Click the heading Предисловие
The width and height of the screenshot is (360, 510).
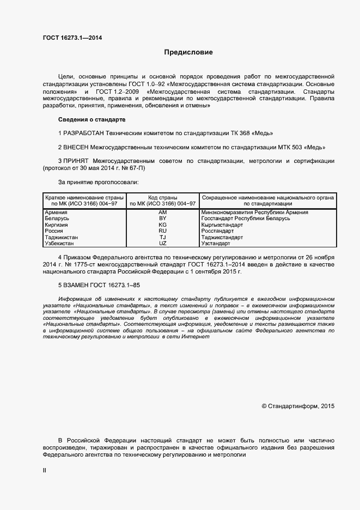coord(188,53)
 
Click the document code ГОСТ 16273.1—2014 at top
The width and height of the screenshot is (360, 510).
coord(72,38)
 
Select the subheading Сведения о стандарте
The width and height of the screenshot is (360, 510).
coord(91,119)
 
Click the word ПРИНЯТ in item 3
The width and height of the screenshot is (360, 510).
coord(77,161)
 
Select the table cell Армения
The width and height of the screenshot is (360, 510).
coord(56,212)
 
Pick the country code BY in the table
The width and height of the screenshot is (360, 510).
coord(162,218)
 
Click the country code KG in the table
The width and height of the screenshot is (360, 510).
coord(162,224)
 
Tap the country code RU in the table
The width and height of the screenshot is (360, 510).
coord(162,231)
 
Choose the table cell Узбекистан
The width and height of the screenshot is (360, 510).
coord(60,244)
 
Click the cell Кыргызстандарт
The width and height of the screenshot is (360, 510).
coord(222,224)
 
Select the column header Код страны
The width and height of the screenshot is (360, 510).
coord(162,197)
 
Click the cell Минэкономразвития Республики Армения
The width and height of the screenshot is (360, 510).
coord(254,212)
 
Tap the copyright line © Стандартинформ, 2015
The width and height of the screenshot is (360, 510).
coord(298,406)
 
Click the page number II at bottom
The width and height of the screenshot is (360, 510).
coord(45,470)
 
